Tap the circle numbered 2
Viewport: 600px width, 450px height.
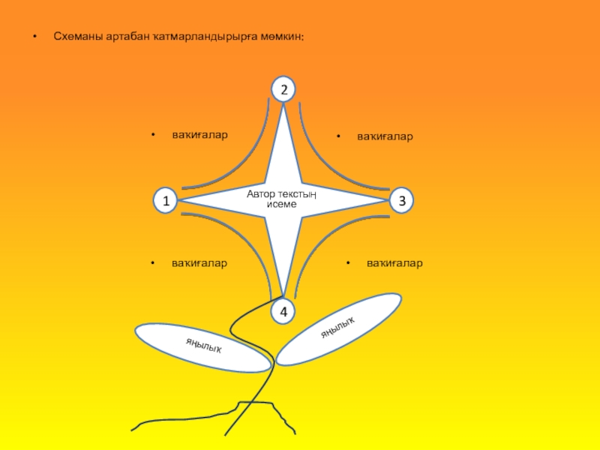pos(283,90)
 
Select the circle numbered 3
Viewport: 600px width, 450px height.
pos(402,201)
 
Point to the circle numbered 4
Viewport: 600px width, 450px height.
pos(283,311)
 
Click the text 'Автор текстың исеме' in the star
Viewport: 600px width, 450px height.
pos(282,199)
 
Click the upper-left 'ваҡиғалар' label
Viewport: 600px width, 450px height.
pos(199,135)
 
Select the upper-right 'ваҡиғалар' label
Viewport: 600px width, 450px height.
pos(385,137)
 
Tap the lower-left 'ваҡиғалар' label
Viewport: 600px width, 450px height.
pos(199,263)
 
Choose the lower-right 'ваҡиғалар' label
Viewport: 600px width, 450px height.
pos(394,263)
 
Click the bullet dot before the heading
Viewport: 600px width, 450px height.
pos(31,36)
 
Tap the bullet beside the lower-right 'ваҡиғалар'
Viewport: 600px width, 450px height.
pos(349,264)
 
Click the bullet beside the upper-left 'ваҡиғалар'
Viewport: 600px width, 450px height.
pos(153,136)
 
